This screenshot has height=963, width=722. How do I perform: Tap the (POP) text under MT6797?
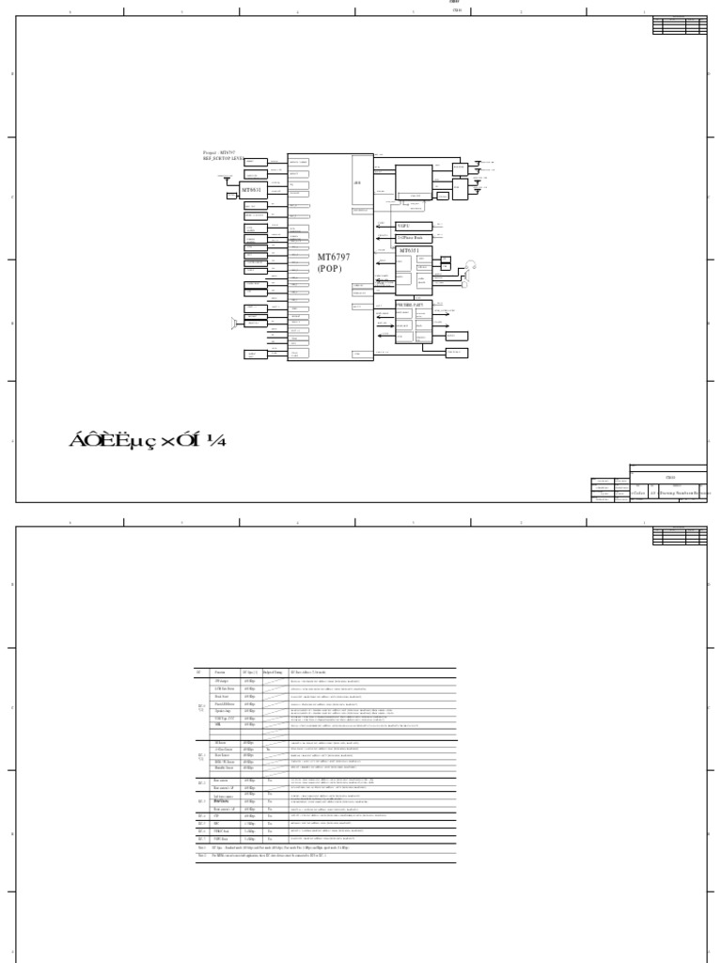(x=330, y=268)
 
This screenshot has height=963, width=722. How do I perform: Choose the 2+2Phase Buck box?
(x=413, y=239)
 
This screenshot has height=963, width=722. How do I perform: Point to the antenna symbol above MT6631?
(x=226, y=177)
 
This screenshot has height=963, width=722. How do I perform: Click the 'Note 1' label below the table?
(x=200, y=847)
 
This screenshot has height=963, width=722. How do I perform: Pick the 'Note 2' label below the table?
(x=200, y=855)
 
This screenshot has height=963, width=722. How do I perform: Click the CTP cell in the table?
(x=217, y=815)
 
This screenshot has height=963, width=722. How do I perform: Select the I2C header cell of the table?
(x=199, y=672)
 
